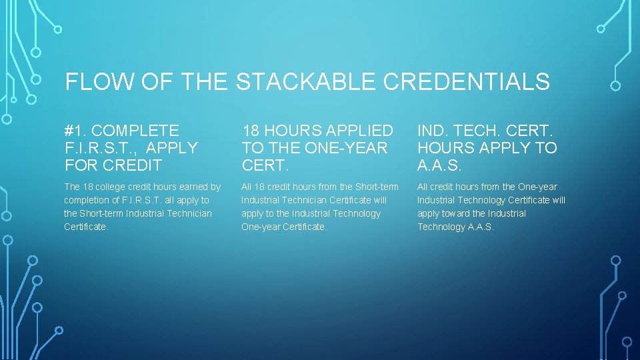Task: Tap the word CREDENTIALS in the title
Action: pyautogui.click(x=467, y=82)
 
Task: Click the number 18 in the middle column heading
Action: pyautogui.click(x=251, y=131)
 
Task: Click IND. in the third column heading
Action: pyautogui.click(x=433, y=131)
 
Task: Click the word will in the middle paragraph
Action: pyautogui.click(x=379, y=200)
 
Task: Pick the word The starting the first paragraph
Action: pyautogui.click(x=72, y=187)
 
